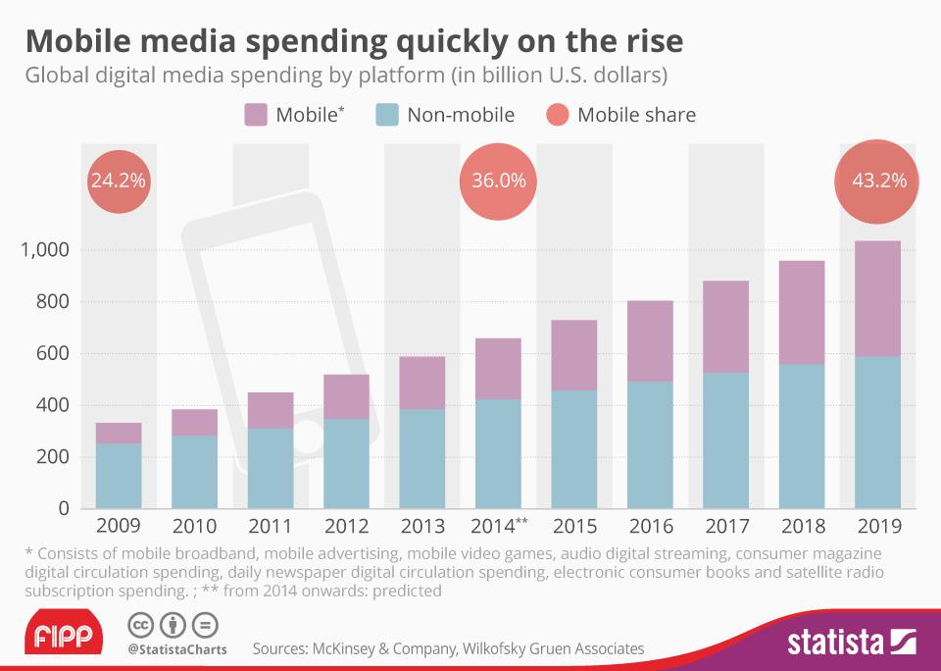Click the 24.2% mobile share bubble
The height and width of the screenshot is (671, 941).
(x=119, y=181)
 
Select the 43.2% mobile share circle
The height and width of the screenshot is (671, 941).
(x=878, y=181)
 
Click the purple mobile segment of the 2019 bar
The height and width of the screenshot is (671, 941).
(x=878, y=298)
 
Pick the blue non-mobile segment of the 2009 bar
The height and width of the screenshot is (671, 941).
(x=119, y=476)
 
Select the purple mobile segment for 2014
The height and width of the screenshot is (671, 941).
(x=499, y=368)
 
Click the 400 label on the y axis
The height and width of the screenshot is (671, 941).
(x=51, y=405)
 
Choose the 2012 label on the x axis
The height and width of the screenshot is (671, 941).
(x=347, y=527)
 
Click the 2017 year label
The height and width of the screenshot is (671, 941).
(x=726, y=527)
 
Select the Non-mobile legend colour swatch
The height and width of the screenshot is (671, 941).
(x=387, y=115)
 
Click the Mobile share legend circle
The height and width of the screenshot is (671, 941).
(x=556, y=115)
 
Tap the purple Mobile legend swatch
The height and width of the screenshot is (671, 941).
(x=255, y=115)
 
